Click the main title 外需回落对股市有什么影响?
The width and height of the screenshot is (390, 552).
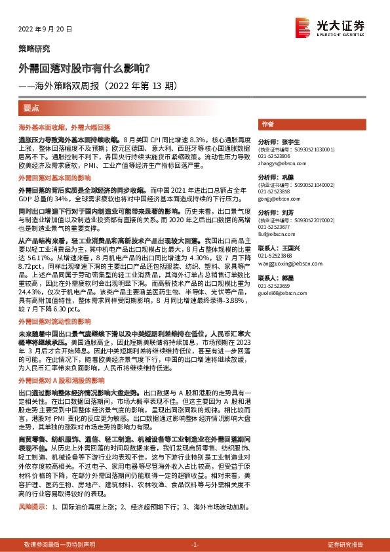85,67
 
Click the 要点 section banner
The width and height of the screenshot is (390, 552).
31,106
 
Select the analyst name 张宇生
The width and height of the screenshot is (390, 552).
289,142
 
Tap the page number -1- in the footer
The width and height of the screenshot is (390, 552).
194,544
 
